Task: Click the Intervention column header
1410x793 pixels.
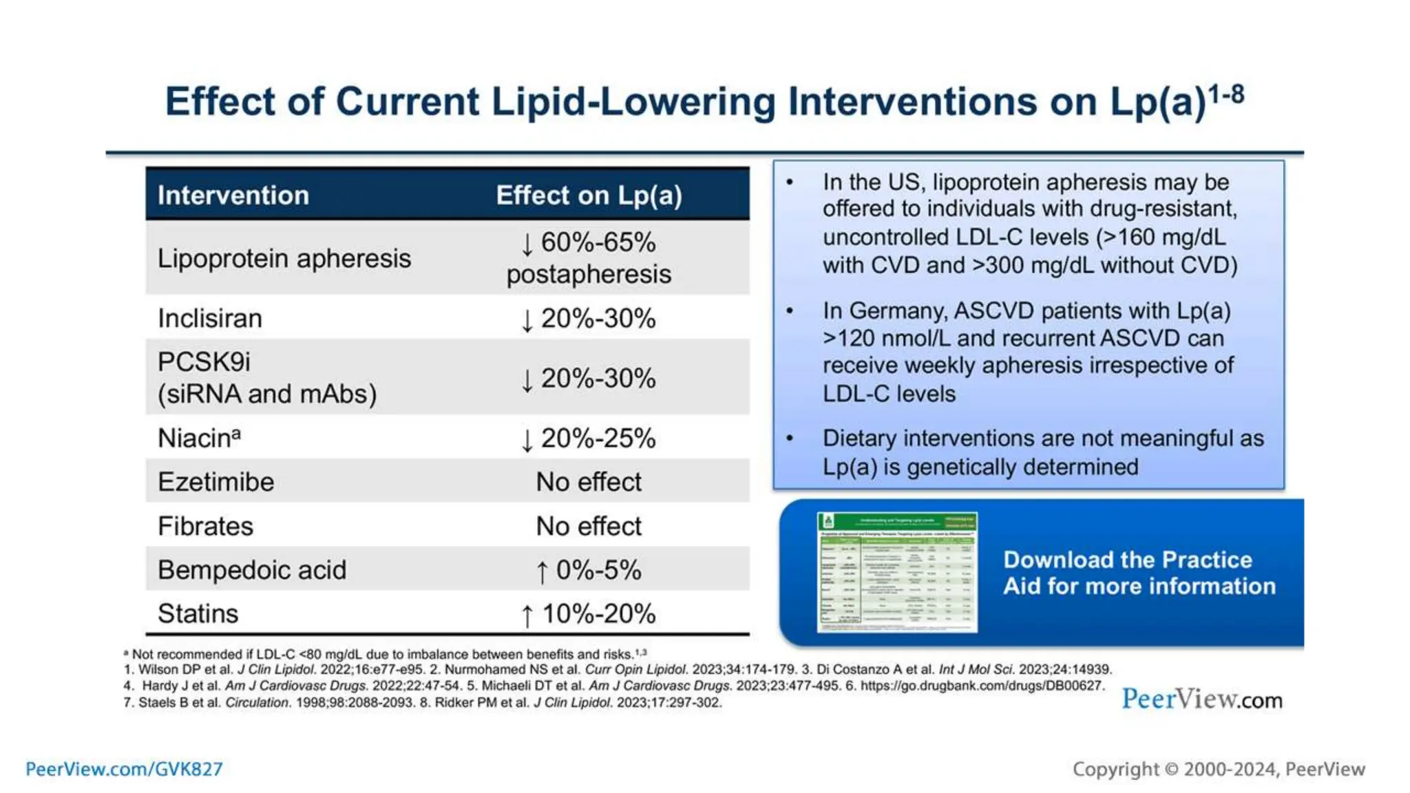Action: pyautogui.click(x=233, y=195)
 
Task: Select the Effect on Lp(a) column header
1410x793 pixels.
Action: pyautogui.click(x=589, y=195)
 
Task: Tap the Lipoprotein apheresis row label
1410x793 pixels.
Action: pyautogui.click(x=284, y=259)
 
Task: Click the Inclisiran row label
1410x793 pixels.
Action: pyautogui.click(x=210, y=319)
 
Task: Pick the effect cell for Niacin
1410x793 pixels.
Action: pyautogui.click(x=589, y=438)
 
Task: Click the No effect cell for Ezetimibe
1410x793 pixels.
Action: pyautogui.click(x=589, y=482)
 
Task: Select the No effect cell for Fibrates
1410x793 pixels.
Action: pyautogui.click(x=589, y=527)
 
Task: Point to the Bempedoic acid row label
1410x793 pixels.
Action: pyautogui.click(x=252, y=570)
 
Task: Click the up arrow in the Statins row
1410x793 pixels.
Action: pyautogui.click(x=527, y=615)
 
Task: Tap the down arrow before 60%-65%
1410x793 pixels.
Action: pyautogui.click(x=527, y=244)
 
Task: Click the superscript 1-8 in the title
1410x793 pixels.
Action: pyautogui.click(x=1227, y=94)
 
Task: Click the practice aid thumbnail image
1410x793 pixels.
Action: pyautogui.click(x=897, y=572)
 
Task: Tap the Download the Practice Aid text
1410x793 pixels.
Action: pyautogui.click(x=1139, y=573)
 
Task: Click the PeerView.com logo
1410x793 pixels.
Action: pyautogui.click(x=1201, y=699)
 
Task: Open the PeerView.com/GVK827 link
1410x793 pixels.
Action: pyautogui.click(x=124, y=769)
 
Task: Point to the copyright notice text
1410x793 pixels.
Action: pyautogui.click(x=1218, y=769)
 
